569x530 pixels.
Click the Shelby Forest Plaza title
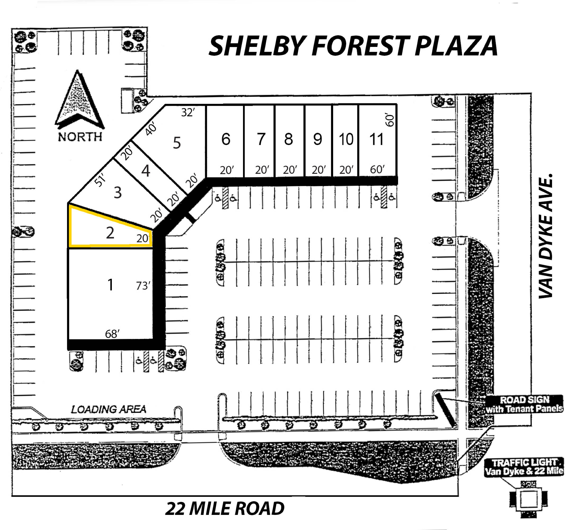tap(353, 46)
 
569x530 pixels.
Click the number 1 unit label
tap(110, 285)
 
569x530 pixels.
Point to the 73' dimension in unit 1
tap(143, 286)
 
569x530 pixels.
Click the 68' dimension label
tap(112, 334)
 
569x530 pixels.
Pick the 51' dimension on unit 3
tap(100, 180)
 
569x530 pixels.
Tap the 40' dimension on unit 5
tap(151, 128)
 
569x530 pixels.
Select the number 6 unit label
tap(226, 139)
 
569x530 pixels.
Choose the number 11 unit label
tap(376, 140)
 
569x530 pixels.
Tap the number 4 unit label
tap(146, 171)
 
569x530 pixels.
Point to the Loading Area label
tap(108, 409)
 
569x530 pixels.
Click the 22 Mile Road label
tap(225, 508)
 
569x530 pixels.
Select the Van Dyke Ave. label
tap(545, 236)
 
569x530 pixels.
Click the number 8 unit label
tap(289, 139)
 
